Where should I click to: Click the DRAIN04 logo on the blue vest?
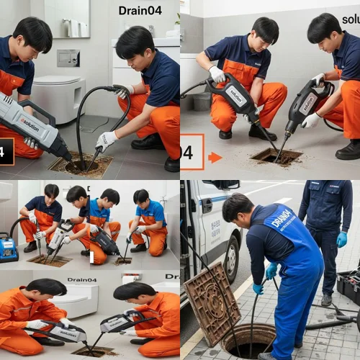[x=282, y=218]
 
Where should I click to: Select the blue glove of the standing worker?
[x=341, y=239]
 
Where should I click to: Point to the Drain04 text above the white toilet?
[x=82, y=279]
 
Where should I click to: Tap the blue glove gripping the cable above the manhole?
[x=271, y=271]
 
